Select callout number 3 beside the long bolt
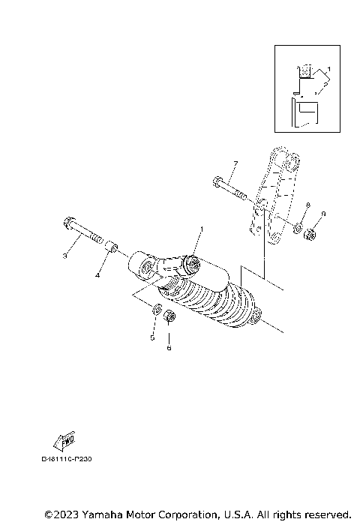[x=64, y=256]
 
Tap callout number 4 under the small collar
[x=97, y=275]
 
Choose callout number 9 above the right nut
[x=323, y=214]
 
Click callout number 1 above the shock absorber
[x=201, y=228]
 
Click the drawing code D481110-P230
[x=71, y=457]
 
